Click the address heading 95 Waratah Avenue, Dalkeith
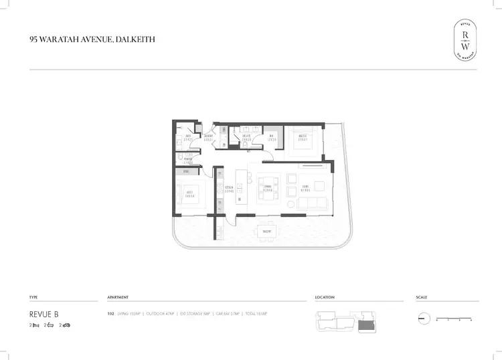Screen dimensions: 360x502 92,39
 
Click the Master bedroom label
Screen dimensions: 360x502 302,138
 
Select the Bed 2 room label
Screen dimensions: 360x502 189,195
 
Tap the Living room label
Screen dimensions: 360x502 305,189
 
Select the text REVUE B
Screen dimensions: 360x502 44,314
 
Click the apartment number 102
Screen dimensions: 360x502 110,314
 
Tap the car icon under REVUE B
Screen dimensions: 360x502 66,325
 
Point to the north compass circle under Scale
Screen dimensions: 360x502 423,319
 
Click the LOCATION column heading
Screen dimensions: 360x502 325,296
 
